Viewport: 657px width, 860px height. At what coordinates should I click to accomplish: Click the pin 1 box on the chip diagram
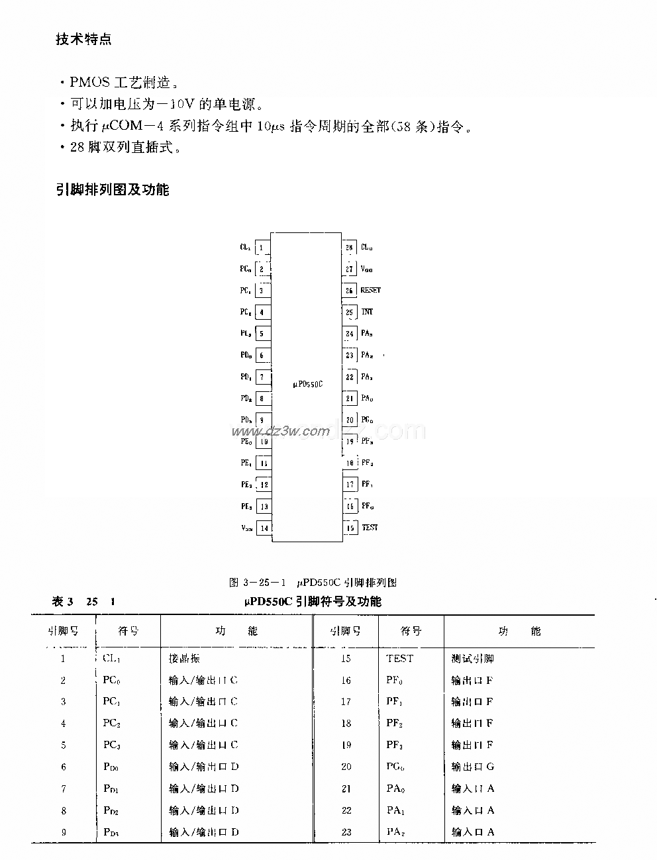point(262,248)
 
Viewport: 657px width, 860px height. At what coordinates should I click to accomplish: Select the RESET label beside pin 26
point(370,290)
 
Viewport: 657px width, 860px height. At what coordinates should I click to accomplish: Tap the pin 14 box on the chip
point(264,528)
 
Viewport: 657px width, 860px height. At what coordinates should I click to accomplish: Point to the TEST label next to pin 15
point(370,528)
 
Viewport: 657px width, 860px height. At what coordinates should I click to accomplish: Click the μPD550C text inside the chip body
point(307,383)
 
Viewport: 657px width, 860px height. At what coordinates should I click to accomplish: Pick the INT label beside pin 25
point(367,312)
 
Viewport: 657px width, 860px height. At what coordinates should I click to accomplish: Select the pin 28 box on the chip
point(349,248)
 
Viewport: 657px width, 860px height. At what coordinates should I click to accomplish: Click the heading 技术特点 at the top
point(83,40)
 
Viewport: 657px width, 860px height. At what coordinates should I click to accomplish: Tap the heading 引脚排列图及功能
point(112,190)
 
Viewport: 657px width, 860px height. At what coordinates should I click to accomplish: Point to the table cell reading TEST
point(399,659)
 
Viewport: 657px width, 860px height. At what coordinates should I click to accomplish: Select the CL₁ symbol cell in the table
point(112,659)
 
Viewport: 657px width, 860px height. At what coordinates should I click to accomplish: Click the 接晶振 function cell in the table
point(184,659)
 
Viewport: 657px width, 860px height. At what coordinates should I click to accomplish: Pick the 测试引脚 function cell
point(472,659)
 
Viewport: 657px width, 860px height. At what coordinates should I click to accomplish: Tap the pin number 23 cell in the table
point(346,832)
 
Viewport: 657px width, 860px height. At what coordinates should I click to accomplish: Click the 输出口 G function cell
point(472,767)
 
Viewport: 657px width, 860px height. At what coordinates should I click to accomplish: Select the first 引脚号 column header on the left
point(63,631)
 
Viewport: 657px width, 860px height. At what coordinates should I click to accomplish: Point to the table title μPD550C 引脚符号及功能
point(313,601)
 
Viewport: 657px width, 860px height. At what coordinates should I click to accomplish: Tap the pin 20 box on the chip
point(349,420)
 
